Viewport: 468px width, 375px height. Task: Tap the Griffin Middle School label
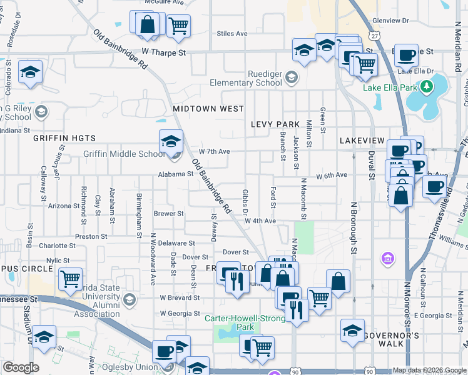point(124,154)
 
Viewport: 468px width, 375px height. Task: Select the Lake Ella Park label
point(390,87)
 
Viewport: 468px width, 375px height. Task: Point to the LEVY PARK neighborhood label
point(276,124)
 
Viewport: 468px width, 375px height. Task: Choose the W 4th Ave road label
point(260,221)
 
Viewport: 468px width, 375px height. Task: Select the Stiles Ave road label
point(232,33)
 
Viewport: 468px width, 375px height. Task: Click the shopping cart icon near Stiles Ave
point(179,26)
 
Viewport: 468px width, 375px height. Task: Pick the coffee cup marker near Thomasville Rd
point(434,186)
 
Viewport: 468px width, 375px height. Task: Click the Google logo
point(21,367)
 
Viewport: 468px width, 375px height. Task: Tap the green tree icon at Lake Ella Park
point(427,87)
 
